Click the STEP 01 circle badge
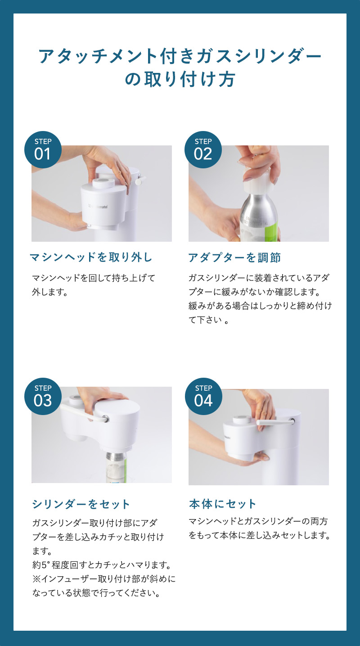(x=43, y=149)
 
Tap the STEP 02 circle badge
(x=203, y=149)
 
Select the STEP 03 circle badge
(x=43, y=396)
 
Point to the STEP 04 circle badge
(x=203, y=396)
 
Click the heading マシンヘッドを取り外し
(x=91, y=257)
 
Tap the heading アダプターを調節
(x=234, y=257)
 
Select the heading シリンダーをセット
(x=81, y=504)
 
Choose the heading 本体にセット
(x=222, y=504)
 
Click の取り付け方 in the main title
(x=180, y=79)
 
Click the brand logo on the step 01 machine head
(x=98, y=206)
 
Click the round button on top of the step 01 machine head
(x=103, y=182)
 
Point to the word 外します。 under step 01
(x=50, y=292)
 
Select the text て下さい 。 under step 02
(x=208, y=320)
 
